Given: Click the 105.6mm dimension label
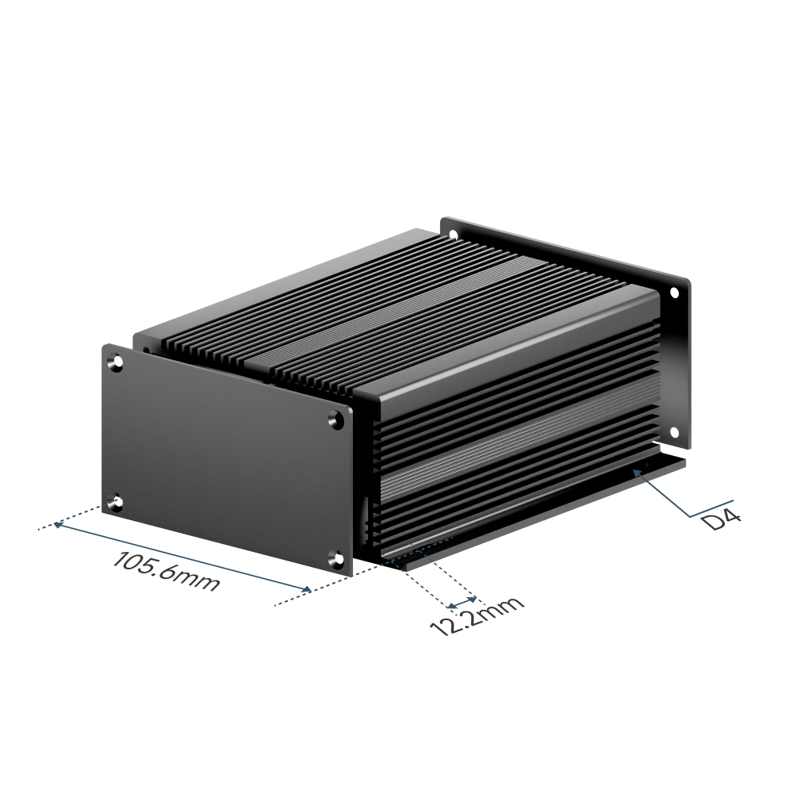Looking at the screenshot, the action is pyautogui.click(x=167, y=571).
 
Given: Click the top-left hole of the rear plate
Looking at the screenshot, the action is pyautogui.click(x=453, y=234).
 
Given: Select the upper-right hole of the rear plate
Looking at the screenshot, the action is pyautogui.click(x=674, y=293).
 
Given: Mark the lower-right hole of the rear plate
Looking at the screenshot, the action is pyautogui.click(x=675, y=432).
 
